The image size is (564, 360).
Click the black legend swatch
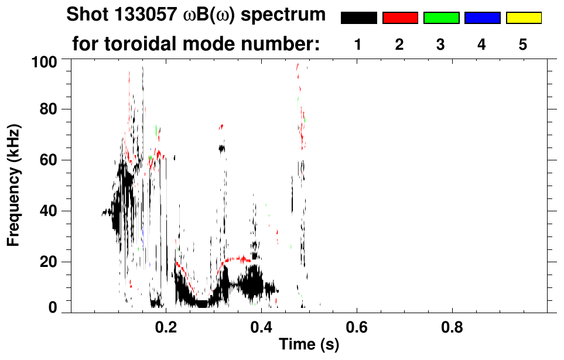tap(358, 18)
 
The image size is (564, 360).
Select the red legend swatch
tap(400, 18)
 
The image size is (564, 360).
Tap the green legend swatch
tap(441, 18)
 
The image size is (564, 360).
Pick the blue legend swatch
tap(482, 18)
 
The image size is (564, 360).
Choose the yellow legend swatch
tap(524, 18)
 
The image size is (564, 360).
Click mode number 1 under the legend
tap(357, 44)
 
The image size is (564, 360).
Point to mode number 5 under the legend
tap(523, 44)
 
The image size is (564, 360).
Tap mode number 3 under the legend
tap(440, 44)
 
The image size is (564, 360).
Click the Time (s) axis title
tap(309, 345)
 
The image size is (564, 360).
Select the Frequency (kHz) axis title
tap(14, 185)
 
